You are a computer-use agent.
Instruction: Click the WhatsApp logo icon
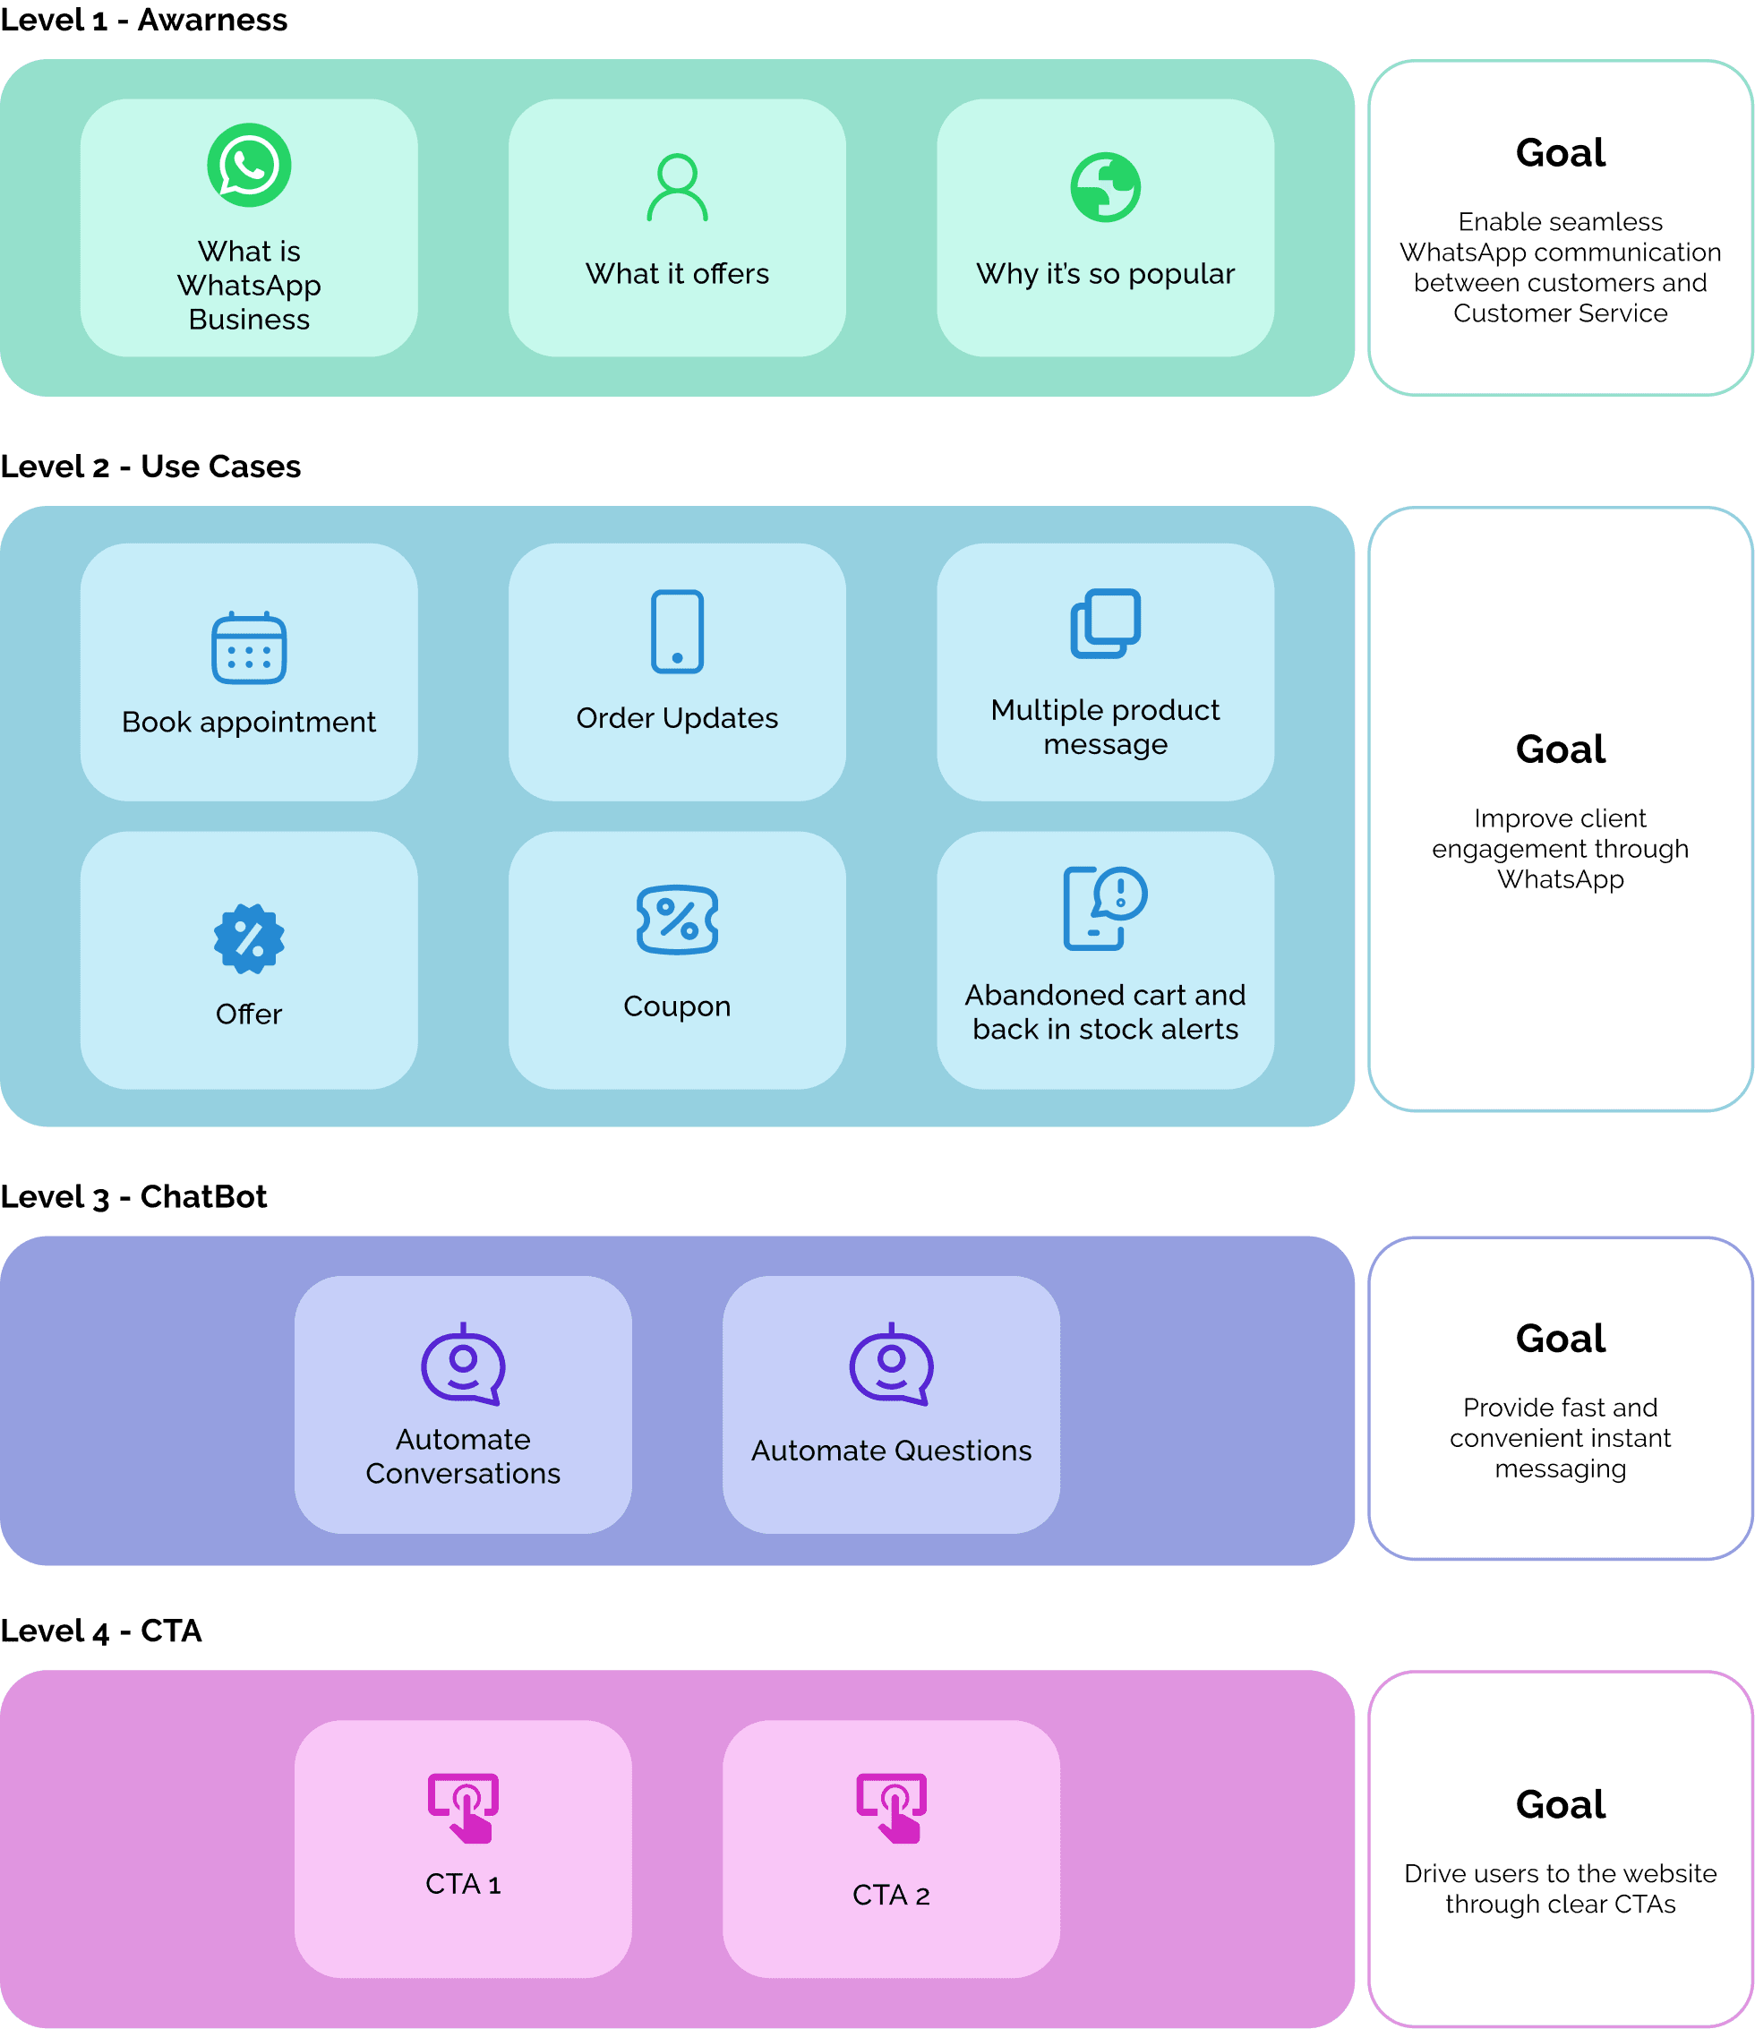[x=249, y=165]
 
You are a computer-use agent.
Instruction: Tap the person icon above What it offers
[x=677, y=187]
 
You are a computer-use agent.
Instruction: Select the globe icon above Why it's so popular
[x=1105, y=187]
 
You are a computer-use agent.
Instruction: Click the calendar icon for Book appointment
[x=249, y=647]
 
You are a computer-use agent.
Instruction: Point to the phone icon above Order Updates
[x=677, y=631]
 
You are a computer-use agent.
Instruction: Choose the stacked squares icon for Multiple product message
[x=1105, y=624]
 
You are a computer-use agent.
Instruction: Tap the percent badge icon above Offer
[x=249, y=938]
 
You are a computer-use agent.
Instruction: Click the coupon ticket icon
[x=677, y=920]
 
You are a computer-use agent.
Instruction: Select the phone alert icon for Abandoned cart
[x=1105, y=908]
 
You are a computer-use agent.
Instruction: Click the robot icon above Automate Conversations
[x=462, y=1364]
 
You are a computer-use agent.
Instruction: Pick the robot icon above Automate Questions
[x=890, y=1364]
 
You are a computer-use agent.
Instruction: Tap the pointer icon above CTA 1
[x=462, y=1808]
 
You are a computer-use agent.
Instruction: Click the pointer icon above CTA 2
[x=890, y=1808]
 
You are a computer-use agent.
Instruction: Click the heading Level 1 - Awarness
[x=144, y=20]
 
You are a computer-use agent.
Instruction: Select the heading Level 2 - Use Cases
[x=150, y=467]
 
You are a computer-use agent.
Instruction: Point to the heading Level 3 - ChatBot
[x=133, y=1195]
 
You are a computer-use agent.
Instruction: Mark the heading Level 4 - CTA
[x=101, y=1631]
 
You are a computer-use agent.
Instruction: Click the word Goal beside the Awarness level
[x=1560, y=153]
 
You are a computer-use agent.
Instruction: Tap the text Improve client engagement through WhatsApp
[x=1560, y=848]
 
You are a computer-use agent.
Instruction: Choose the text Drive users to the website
[x=1560, y=1873]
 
